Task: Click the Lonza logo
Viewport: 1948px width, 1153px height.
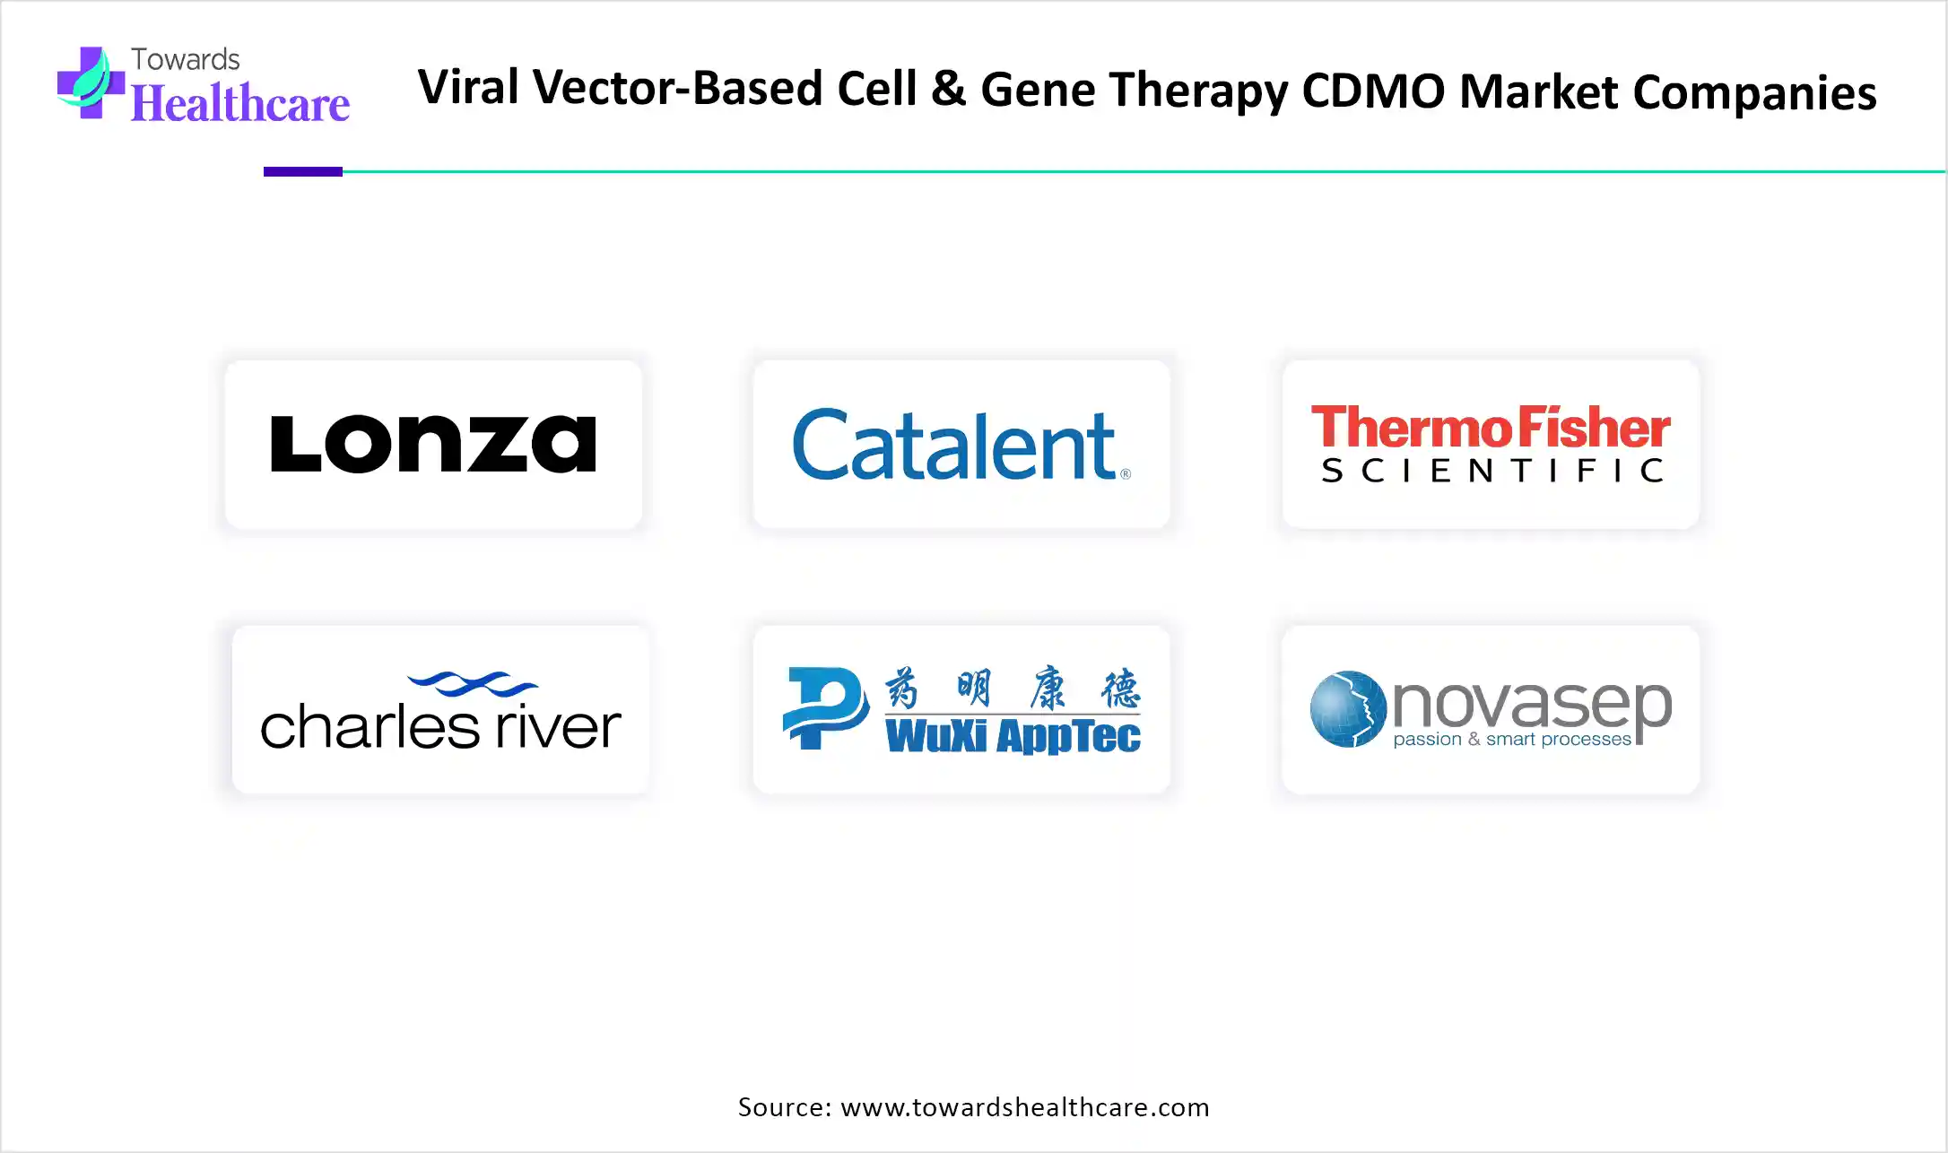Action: click(x=433, y=443)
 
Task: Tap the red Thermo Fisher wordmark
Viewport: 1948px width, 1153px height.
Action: click(x=1491, y=427)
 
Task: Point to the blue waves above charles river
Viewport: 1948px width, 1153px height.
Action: click(x=472, y=684)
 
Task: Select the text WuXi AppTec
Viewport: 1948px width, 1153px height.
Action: click(x=1013, y=735)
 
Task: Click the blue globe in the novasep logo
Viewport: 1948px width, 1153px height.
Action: click(x=1348, y=709)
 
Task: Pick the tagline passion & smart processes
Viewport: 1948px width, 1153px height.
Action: click(x=1512, y=740)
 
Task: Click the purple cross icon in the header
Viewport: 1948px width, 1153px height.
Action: click(x=91, y=82)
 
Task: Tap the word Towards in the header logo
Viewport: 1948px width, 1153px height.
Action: click(x=186, y=59)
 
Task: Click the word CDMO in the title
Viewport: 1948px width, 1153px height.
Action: click(x=1373, y=91)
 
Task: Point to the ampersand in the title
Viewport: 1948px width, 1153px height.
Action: click(x=949, y=89)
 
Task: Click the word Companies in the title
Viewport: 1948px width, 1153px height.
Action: click(x=1754, y=93)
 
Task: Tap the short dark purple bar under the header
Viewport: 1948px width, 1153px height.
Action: click(x=303, y=171)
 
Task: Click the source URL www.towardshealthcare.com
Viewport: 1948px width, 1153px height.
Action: click(x=1025, y=1107)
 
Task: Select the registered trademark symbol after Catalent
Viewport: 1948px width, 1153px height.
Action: click(x=1126, y=473)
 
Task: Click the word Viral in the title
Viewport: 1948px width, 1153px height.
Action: click(x=468, y=87)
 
